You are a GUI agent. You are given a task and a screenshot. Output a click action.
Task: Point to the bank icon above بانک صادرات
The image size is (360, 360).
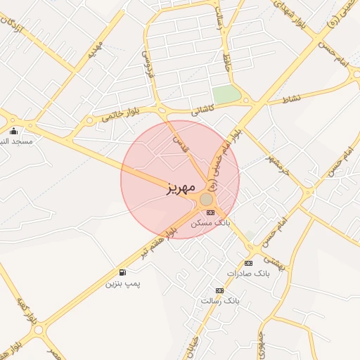coord(248,263)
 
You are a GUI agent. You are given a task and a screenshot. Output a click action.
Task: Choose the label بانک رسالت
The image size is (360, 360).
coord(220,300)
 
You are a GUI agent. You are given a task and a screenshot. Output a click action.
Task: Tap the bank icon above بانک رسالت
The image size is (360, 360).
coord(219,290)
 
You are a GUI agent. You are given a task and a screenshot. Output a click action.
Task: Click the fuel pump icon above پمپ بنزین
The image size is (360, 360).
coord(123,273)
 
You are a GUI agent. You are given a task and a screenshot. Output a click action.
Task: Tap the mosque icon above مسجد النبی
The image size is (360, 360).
coord(13,131)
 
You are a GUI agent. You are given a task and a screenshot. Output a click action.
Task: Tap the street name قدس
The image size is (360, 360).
coord(181,145)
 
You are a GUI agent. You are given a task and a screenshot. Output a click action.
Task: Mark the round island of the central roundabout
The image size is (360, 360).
coord(206,200)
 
